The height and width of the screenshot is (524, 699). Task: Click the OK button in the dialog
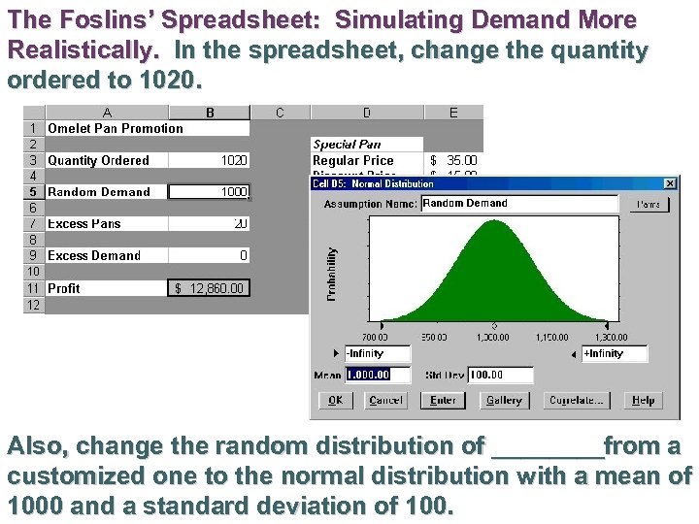(x=335, y=400)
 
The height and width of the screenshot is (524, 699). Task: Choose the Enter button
(x=443, y=400)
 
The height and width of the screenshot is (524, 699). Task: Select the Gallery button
(x=503, y=400)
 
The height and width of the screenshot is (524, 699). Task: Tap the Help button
(x=643, y=400)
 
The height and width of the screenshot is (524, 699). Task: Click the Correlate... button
(x=578, y=400)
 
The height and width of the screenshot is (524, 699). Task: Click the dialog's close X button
(x=670, y=183)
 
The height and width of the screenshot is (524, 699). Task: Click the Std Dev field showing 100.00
(x=500, y=375)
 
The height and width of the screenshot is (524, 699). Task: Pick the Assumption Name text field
(x=519, y=204)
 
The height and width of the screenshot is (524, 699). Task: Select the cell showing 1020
(x=209, y=160)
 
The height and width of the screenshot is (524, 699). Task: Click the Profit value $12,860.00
(x=209, y=288)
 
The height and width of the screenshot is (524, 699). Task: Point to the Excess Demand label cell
(x=94, y=255)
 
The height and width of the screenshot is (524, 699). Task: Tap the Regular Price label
(x=353, y=160)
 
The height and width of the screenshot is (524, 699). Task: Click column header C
(x=280, y=113)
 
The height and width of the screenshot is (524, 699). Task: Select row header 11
(x=33, y=288)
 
